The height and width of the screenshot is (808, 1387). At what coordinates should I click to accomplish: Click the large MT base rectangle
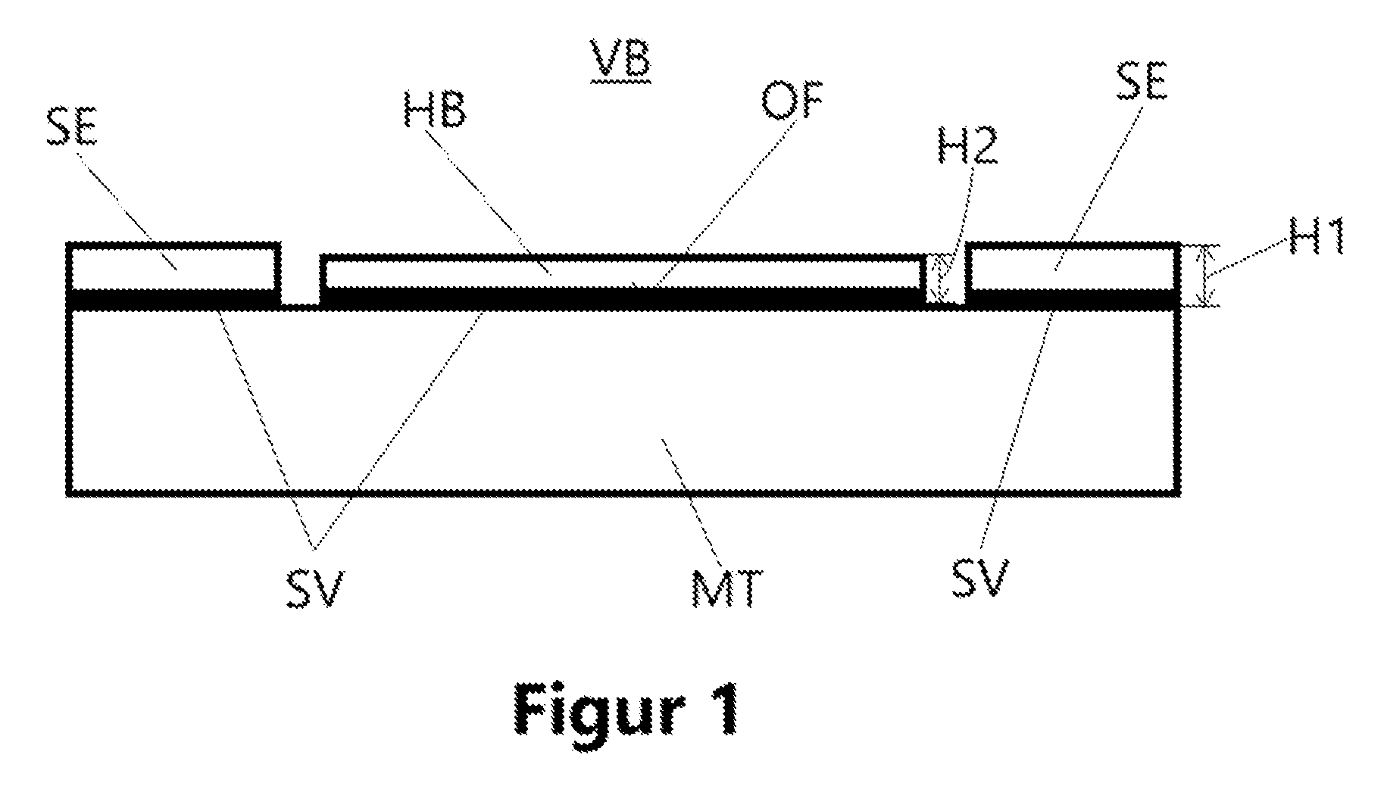(623, 401)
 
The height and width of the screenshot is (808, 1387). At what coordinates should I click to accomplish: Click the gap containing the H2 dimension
(945, 279)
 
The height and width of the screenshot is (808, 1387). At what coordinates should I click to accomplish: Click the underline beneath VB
(620, 77)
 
